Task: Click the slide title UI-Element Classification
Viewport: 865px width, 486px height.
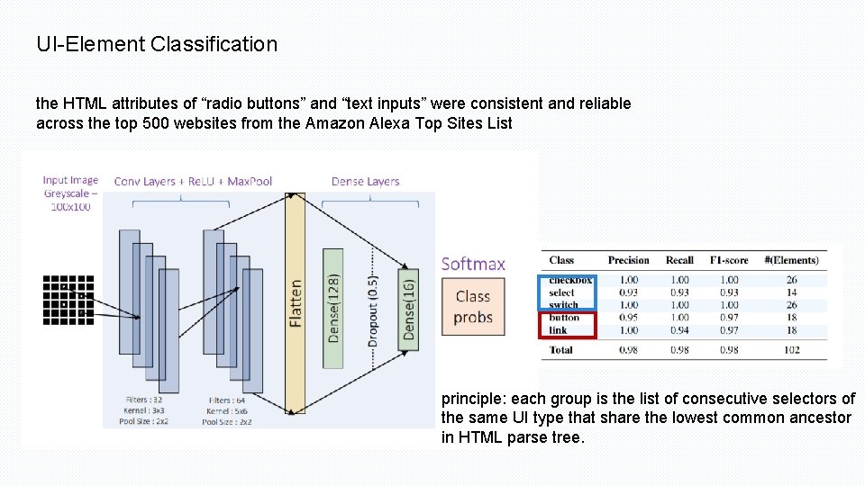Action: click(157, 43)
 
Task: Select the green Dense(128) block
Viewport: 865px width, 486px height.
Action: click(333, 308)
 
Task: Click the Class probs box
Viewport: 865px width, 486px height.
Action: click(472, 306)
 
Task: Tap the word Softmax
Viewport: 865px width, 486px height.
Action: click(473, 264)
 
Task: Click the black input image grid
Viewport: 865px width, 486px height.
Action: click(68, 299)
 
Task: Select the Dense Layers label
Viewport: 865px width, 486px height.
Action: click(365, 182)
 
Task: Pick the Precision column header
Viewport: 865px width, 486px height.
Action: click(628, 260)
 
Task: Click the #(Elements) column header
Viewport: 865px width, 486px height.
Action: click(791, 260)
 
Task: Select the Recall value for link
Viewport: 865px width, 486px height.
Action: click(679, 330)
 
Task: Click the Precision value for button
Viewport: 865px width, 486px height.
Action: click(628, 318)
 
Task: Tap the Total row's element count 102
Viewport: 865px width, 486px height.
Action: click(791, 349)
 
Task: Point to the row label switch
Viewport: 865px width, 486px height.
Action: click(563, 305)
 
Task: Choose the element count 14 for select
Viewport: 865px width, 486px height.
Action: click(791, 292)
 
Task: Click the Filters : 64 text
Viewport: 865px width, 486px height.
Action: click(226, 400)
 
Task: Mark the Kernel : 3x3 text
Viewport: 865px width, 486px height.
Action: click(144, 410)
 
